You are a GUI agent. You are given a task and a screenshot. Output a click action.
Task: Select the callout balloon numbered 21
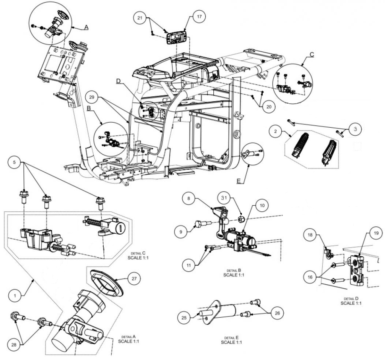pyautogui.click(x=140, y=18)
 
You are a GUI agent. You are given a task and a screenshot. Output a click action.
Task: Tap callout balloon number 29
pyautogui.click(x=92, y=96)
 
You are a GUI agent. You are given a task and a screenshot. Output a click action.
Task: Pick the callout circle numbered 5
pyautogui.click(x=14, y=162)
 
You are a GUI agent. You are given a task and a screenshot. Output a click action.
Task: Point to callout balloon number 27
pyautogui.click(x=134, y=279)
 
